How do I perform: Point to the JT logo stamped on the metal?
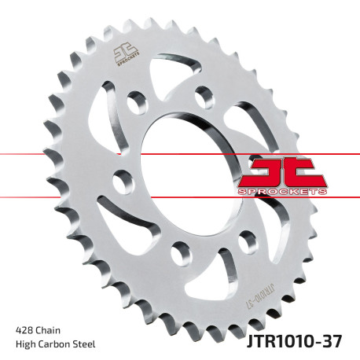point(125,56)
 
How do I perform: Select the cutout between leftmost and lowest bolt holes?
point(126,228)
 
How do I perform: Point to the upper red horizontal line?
point(47,153)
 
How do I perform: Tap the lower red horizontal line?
point(47,196)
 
